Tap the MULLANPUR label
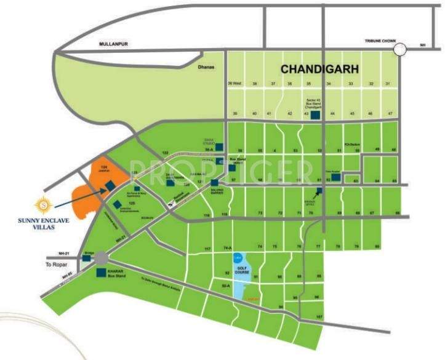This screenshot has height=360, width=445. click(x=117, y=44)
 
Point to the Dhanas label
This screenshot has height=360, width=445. click(x=206, y=67)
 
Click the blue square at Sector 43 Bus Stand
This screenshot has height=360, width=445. click(x=315, y=114)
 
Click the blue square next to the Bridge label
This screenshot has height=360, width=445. click(x=86, y=259)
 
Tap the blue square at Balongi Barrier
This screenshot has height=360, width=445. click(x=214, y=183)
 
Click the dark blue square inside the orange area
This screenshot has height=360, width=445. click(x=108, y=186)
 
